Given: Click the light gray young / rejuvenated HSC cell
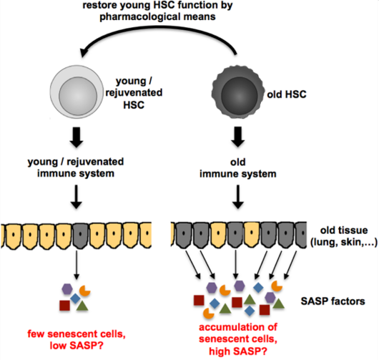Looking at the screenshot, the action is click(x=77, y=92).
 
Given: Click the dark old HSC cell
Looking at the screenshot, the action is click(x=238, y=92).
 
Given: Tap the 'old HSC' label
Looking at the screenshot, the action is click(x=287, y=94).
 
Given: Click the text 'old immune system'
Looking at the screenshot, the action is click(x=238, y=168).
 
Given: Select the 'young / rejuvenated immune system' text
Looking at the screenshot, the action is click(x=76, y=167).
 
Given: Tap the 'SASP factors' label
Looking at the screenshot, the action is click(x=333, y=301).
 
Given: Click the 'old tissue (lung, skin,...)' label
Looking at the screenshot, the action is click(x=344, y=236).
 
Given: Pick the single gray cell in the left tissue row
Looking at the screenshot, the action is click(x=80, y=235).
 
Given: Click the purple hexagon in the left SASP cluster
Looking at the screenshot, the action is click(x=67, y=289).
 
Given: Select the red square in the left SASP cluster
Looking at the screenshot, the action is click(x=65, y=306).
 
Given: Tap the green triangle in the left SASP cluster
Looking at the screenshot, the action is click(x=82, y=306).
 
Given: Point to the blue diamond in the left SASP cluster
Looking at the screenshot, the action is click(x=75, y=298).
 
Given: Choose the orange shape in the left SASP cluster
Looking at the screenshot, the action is click(x=85, y=291).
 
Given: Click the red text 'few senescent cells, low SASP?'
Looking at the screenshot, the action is click(x=77, y=340).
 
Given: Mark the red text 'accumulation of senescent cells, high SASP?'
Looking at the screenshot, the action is click(x=238, y=339).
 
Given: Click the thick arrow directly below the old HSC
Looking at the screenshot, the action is click(x=238, y=137).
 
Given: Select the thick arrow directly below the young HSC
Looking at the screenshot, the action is click(x=77, y=137).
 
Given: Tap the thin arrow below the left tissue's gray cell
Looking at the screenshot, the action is click(x=77, y=265).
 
